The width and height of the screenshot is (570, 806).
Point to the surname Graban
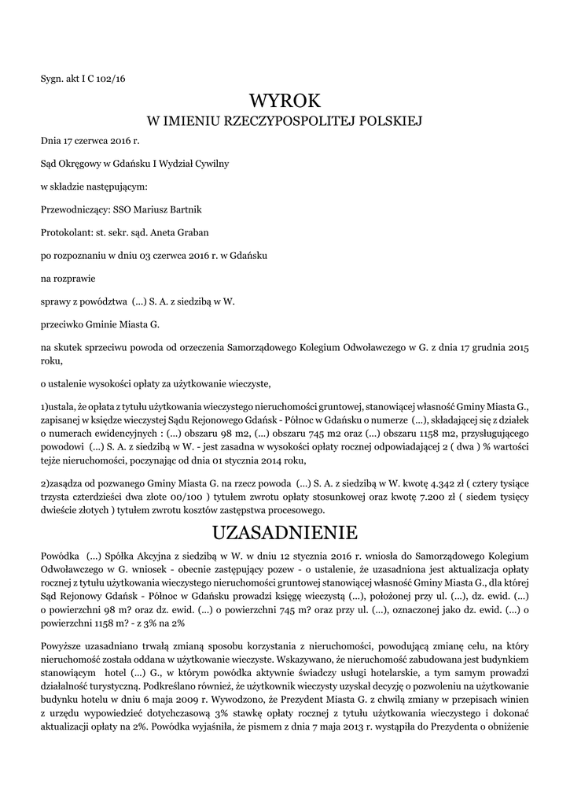point(188,232)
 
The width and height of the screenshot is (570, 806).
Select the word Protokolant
point(66,232)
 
